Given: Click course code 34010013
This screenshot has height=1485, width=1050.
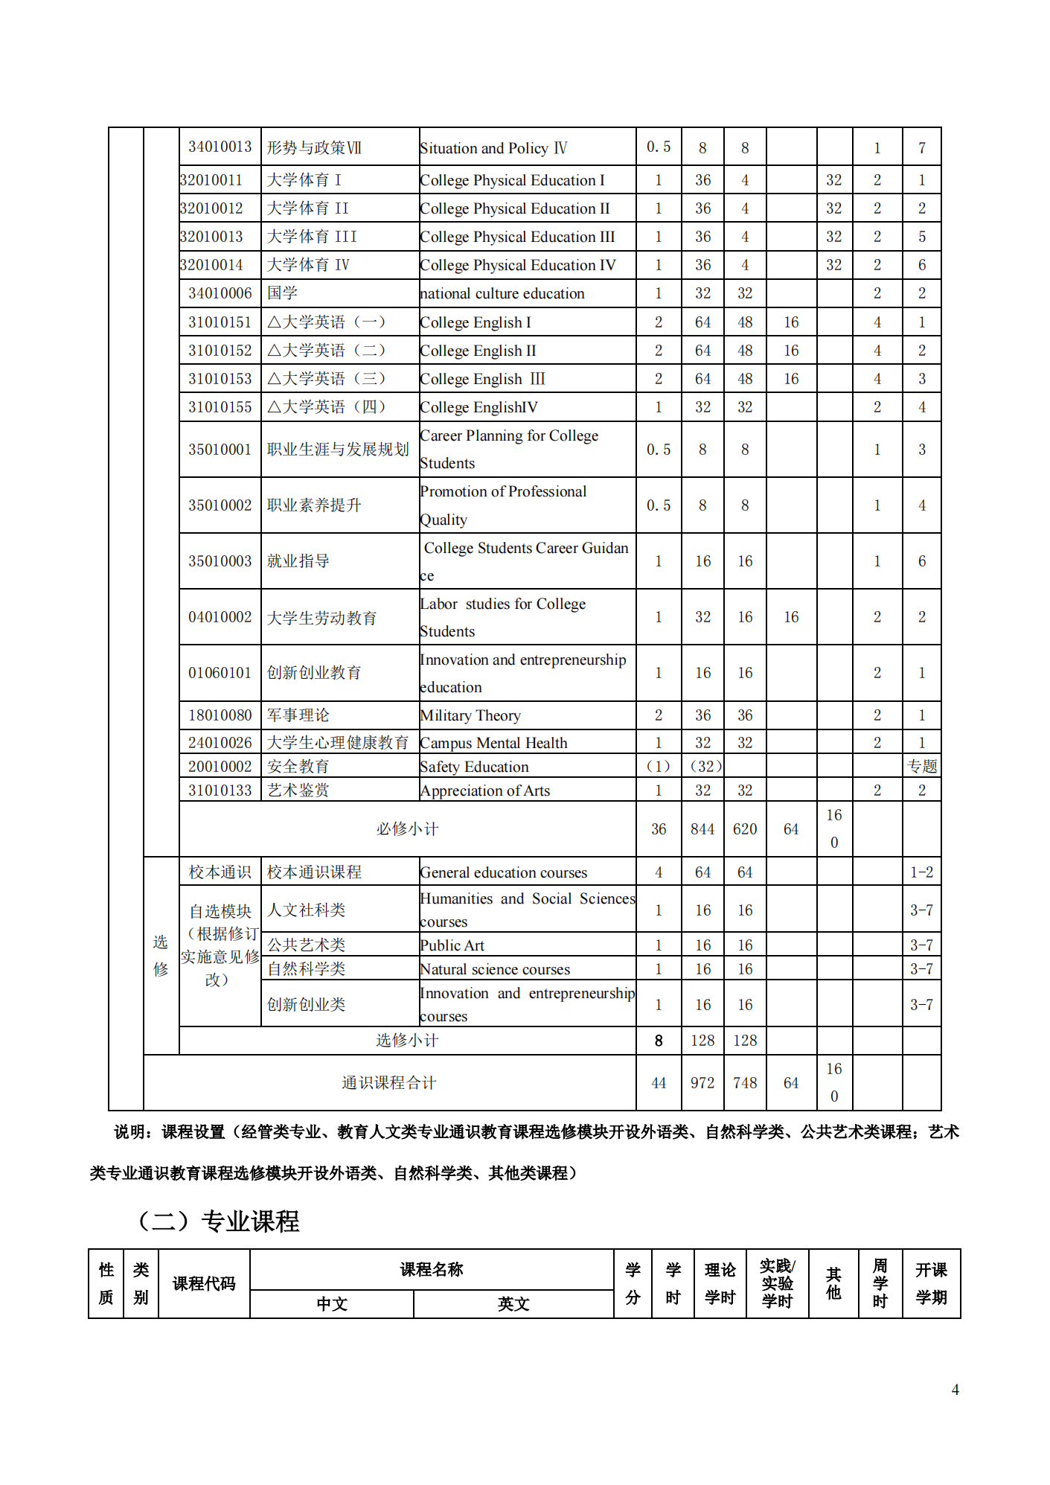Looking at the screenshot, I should [220, 147].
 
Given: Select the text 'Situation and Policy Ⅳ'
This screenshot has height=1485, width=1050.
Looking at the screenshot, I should [493, 148].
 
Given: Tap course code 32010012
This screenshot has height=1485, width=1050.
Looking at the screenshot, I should [211, 208].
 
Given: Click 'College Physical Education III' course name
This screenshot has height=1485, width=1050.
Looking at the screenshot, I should [517, 237].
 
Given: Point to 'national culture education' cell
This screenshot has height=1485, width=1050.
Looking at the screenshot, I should [502, 293].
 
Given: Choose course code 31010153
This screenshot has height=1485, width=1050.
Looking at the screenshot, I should [220, 379].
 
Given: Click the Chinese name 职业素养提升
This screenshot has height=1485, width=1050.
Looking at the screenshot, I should [314, 505].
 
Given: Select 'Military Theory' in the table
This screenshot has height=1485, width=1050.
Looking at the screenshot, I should [470, 715].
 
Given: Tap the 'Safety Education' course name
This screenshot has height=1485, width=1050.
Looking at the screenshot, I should [474, 767].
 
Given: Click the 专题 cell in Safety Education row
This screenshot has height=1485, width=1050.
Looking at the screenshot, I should [922, 767].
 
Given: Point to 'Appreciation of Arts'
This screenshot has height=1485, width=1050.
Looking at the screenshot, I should [485, 791].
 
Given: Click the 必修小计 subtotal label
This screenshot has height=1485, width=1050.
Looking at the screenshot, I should [407, 829].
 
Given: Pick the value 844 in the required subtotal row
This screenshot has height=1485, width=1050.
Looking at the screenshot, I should [702, 829].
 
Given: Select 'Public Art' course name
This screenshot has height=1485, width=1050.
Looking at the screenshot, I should [452, 945].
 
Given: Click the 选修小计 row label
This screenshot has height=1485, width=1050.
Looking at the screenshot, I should [407, 1041].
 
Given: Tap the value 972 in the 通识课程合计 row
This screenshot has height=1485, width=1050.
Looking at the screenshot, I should [702, 1083].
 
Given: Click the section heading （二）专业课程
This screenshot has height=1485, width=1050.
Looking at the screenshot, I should [219, 1221].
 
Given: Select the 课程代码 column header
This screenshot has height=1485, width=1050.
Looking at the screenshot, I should [204, 1283].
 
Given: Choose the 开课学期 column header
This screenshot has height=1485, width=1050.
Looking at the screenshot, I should [931, 1283].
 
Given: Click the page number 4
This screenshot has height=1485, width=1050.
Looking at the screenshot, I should [955, 1390].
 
